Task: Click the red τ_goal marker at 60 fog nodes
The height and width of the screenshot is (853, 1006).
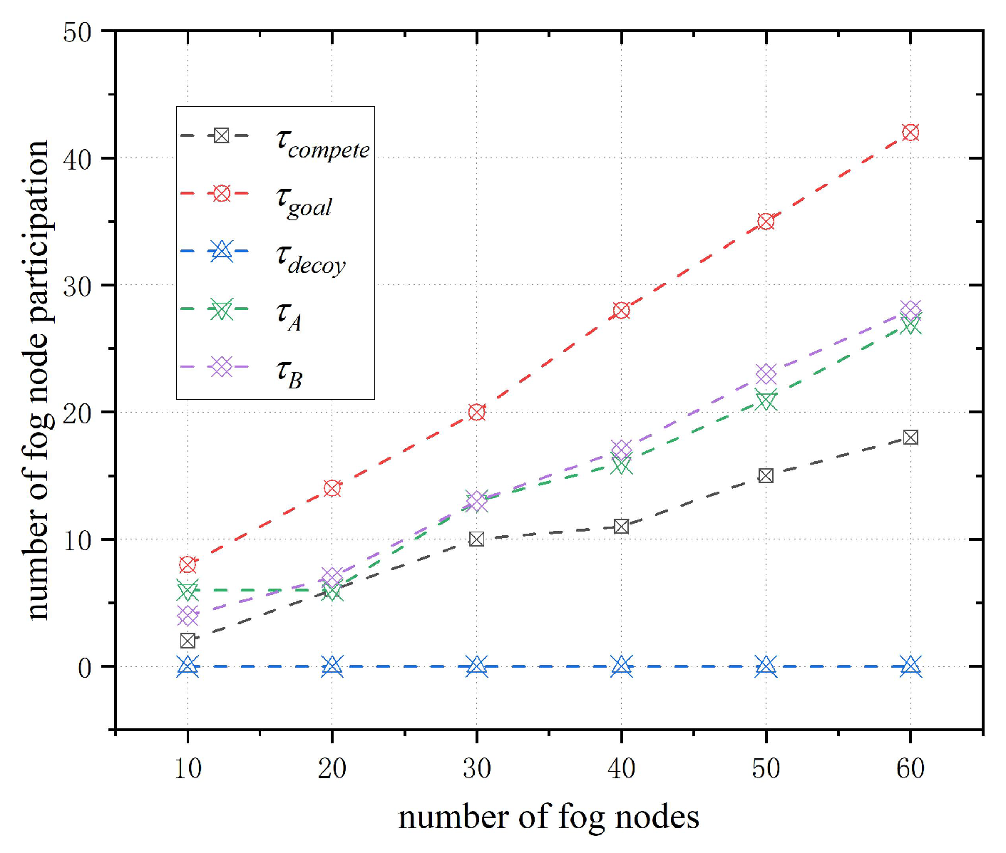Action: click(910, 133)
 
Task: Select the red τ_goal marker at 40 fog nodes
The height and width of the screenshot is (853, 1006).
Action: click(621, 311)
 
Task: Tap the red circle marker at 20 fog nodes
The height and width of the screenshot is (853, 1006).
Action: click(332, 488)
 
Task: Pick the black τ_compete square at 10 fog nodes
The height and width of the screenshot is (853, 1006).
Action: click(188, 641)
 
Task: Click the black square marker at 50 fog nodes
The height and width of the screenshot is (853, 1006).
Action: click(766, 475)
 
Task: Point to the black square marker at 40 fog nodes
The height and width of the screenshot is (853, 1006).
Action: click(621, 527)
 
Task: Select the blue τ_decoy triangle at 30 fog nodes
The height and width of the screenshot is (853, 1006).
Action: click(477, 666)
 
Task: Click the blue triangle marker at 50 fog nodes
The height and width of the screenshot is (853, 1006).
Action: click(766, 666)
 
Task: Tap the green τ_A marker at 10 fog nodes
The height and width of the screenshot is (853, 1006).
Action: click(188, 590)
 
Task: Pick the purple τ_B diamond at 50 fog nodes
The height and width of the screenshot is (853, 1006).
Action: click(766, 374)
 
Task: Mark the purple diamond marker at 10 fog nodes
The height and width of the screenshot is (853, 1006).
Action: click(188, 616)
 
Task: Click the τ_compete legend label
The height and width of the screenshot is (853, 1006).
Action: click(322, 143)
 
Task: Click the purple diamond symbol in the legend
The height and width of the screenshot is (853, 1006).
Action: click(222, 367)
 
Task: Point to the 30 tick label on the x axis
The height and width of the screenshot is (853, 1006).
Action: click(477, 768)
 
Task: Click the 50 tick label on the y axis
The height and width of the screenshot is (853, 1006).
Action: click(78, 32)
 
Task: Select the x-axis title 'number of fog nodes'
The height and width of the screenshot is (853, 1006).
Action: click(548, 817)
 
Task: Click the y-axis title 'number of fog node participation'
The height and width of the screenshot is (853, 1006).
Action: click(37, 380)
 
